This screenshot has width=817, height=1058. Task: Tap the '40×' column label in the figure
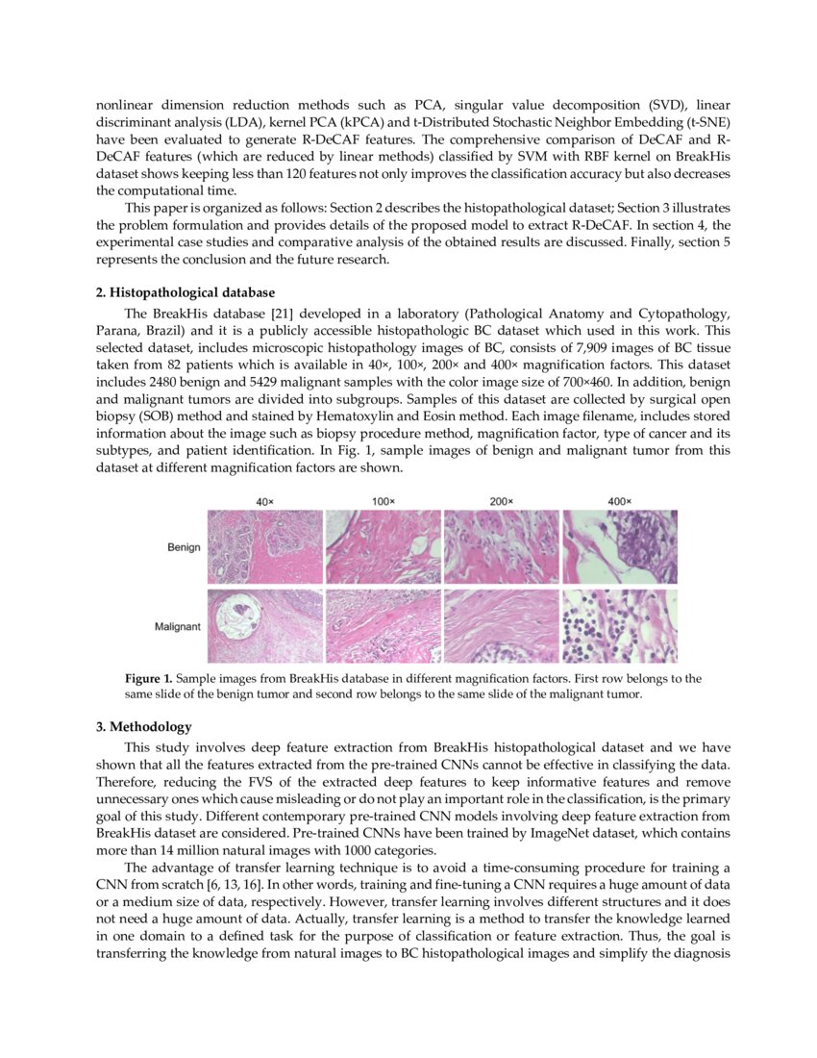[x=265, y=502]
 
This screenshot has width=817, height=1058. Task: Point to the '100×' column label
[x=384, y=502]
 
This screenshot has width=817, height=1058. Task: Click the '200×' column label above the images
[x=502, y=502]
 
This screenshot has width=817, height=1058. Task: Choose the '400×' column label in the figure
[x=620, y=502]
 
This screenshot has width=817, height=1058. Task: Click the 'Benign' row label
[x=183, y=547]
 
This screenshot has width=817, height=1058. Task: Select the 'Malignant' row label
[x=177, y=626]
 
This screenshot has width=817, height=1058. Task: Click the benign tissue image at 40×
[x=265, y=547]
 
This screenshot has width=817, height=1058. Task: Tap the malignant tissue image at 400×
[x=620, y=625]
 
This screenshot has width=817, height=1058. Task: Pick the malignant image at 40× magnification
[x=265, y=625]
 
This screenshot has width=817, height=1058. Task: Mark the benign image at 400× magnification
[x=620, y=547]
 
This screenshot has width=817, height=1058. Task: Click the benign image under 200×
[x=502, y=547]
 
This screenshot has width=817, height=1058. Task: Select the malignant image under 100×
[x=384, y=625]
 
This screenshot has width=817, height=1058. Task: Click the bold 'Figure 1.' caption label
[x=149, y=679]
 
